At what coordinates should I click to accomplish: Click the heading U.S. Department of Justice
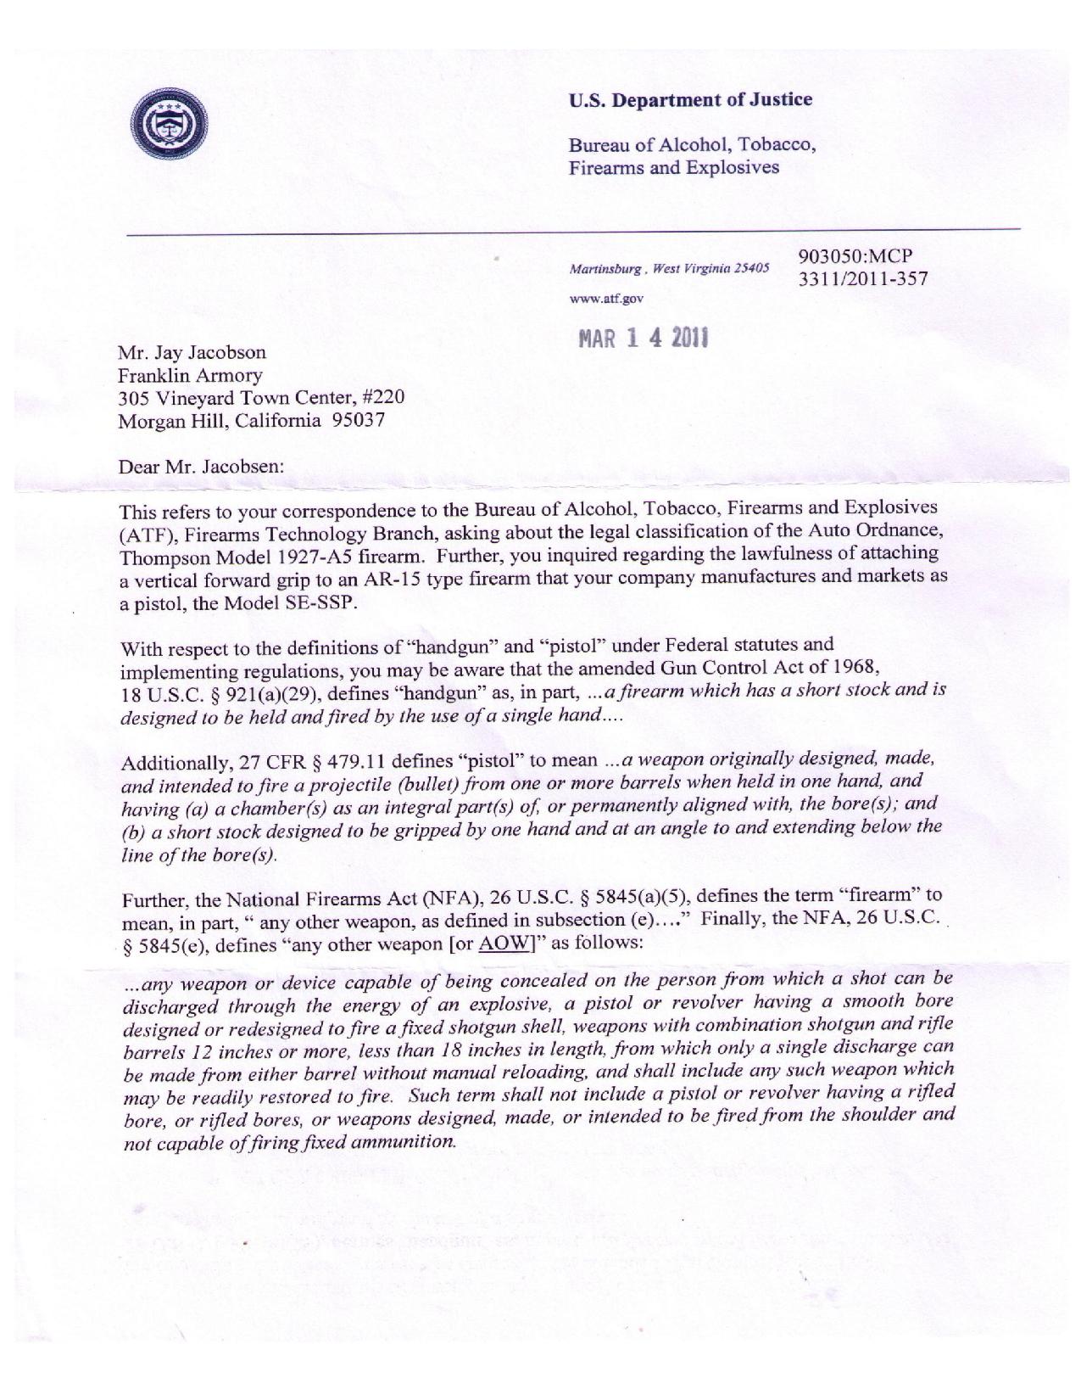click(689, 100)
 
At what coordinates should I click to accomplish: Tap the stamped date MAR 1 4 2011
click(644, 338)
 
